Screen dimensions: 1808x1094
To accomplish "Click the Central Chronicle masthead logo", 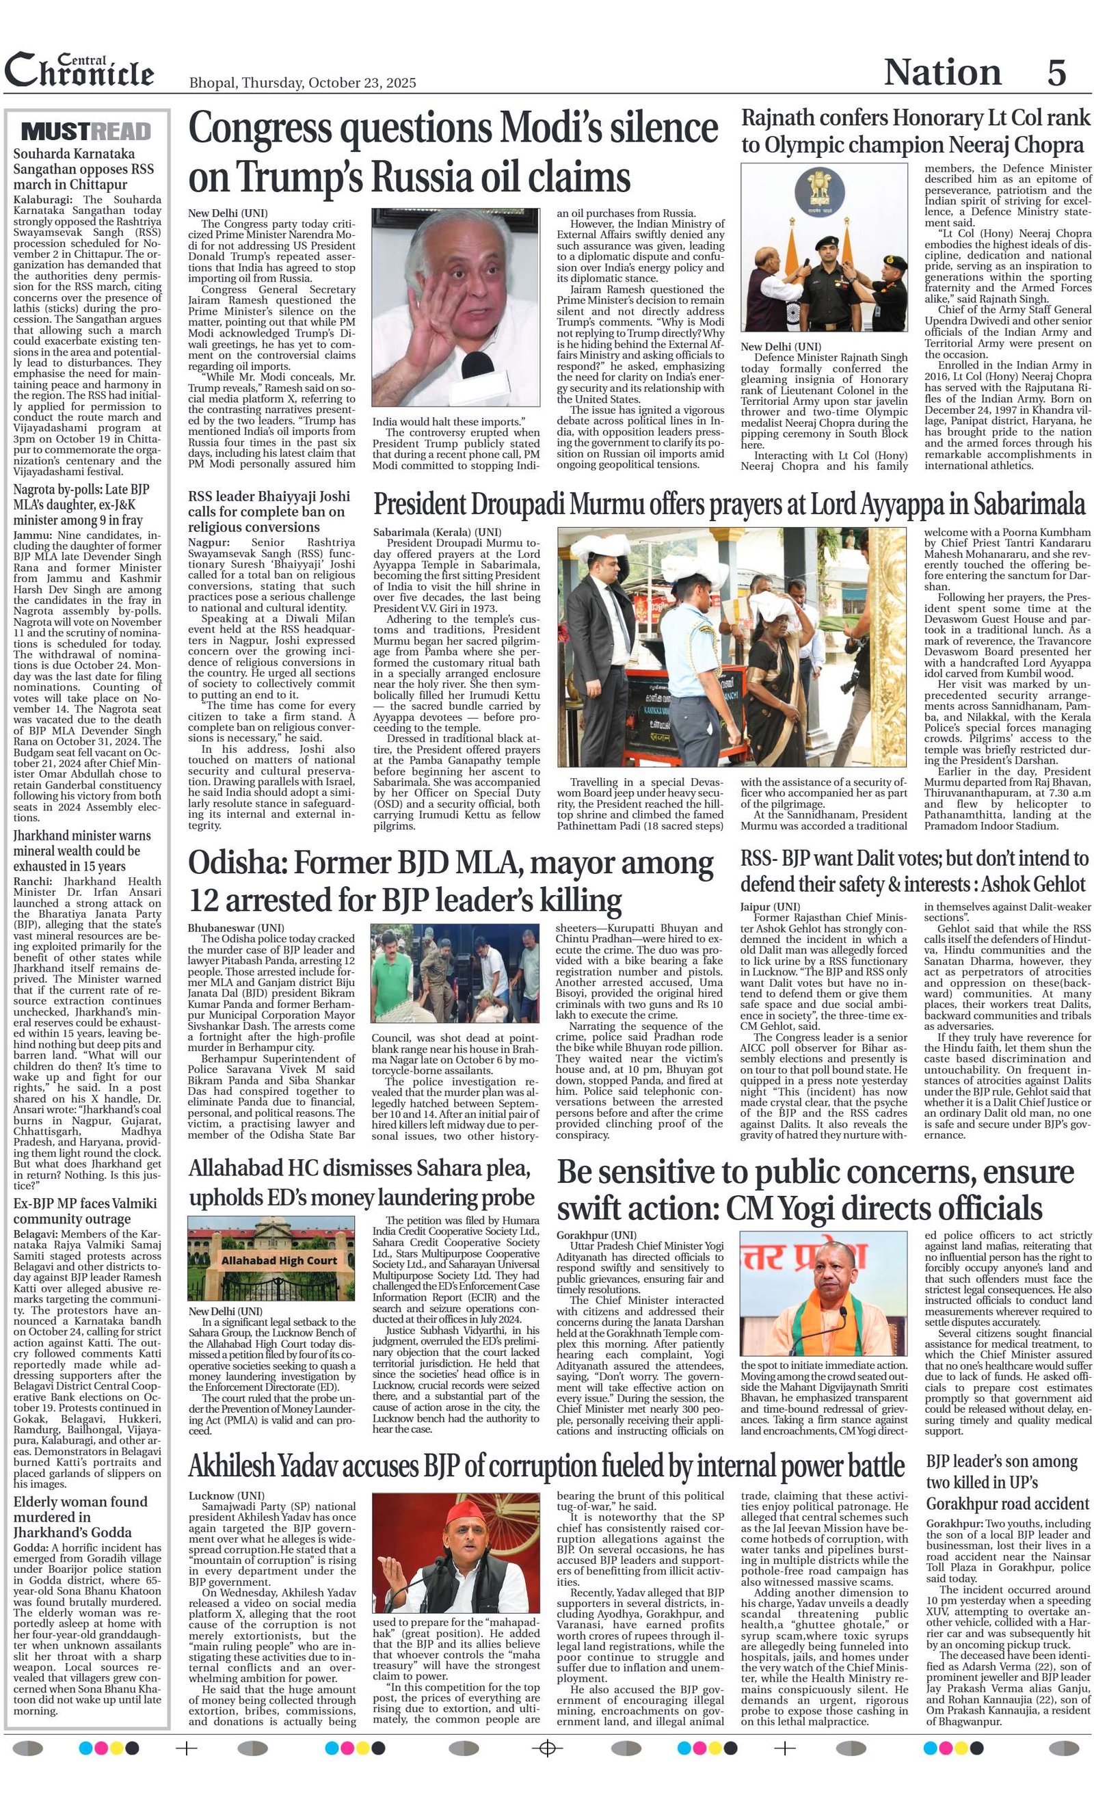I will pos(79,70).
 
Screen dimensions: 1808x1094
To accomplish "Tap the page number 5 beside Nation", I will pos(1056,72).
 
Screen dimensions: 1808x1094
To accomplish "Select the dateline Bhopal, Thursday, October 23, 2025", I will pos(302,83).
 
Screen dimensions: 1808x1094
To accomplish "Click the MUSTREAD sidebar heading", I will pos(87,131).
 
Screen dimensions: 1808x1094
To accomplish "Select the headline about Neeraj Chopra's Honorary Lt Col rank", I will pos(916,131).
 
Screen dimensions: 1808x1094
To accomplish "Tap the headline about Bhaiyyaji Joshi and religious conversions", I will pos(269,511).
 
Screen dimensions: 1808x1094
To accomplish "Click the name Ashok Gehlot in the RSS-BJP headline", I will pos(1033,883).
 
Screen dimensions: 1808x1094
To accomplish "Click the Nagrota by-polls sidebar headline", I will pos(81,505).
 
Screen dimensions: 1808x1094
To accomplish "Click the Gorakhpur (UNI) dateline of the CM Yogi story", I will pos(596,1235).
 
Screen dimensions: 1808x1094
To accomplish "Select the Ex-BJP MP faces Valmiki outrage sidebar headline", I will pos(85,1212).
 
